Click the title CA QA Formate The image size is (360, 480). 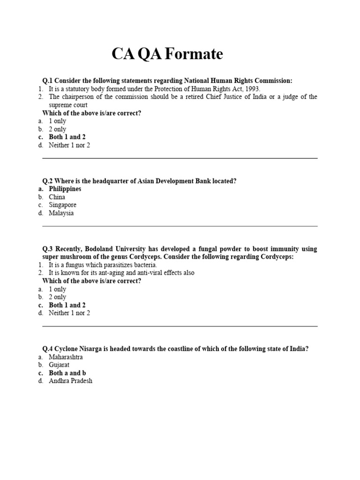[167, 55]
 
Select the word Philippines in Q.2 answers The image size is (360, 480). [65, 189]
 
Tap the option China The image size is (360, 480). [57, 197]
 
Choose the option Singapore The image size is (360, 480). [62, 205]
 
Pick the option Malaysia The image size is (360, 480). [61, 213]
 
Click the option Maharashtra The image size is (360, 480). [66, 357]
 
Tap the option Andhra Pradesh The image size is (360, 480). [70, 381]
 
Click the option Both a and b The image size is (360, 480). [67, 373]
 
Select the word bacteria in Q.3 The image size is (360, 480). [144, 265]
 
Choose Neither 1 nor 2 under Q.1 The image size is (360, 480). [69, 145]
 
